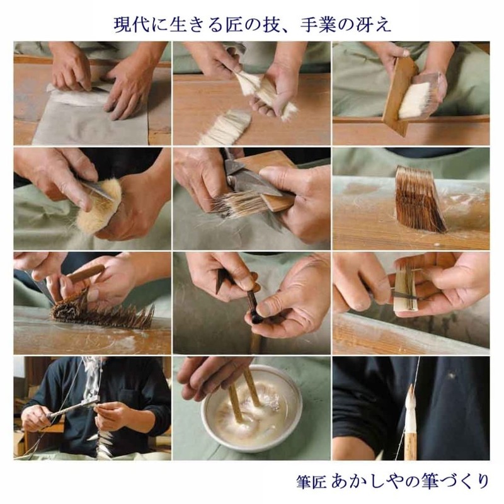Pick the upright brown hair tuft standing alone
(419, 198)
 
